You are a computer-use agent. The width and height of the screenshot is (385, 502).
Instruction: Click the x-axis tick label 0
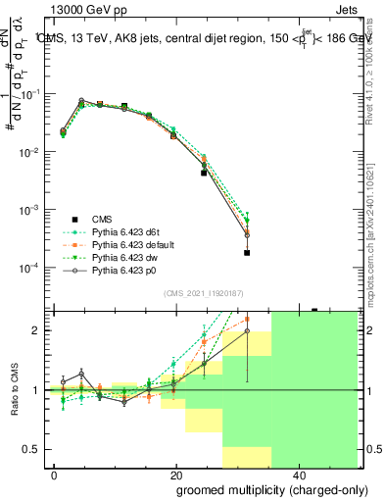[x=55, y=473]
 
